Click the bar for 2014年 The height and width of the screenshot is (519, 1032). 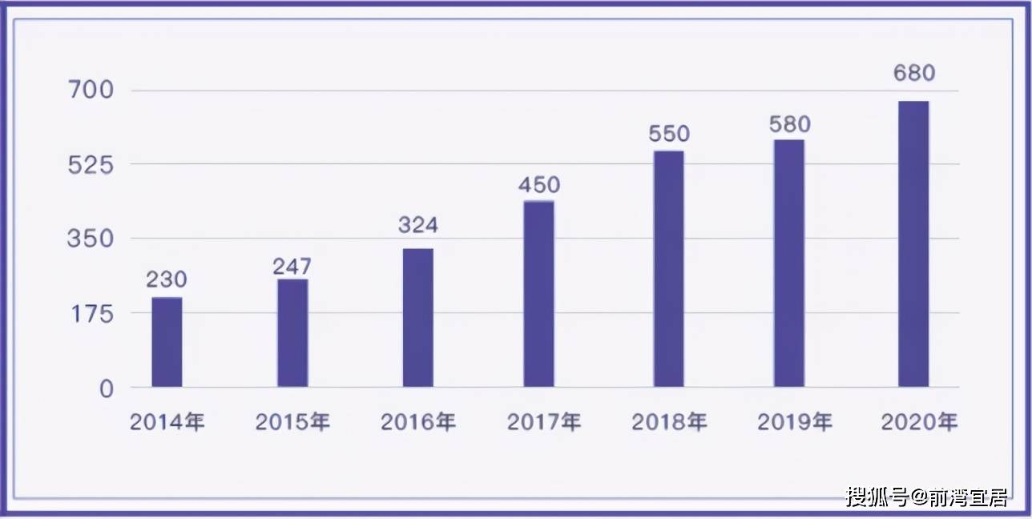click(167, 342)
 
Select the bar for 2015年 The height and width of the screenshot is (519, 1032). click(292, 333)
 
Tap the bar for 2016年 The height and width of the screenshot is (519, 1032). click(418, 318)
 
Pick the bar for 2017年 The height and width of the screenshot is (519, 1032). click(538, 294)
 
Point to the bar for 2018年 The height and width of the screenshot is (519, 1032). click(668, 269)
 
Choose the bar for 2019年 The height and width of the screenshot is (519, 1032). click(789, 264)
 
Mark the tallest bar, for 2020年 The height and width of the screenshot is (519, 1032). click(913, 244)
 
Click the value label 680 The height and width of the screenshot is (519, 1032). click(914, 73)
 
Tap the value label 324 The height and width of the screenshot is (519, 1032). click(418, 225)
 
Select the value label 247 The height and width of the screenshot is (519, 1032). click(292, 266)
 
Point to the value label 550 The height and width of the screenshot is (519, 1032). click(669, 134)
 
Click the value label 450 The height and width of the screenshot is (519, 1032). click(539, 185)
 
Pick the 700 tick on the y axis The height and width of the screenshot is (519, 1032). click(91, 90)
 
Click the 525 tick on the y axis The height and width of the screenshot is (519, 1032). click(91, 165)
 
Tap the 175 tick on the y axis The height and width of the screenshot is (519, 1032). click(92, 314)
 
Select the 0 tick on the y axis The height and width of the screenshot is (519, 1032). click(107, 389)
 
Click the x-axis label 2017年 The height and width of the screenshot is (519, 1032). click(544, 422)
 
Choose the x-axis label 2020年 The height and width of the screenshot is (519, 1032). click(919, 422)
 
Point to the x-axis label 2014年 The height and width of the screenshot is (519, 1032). click(167, 422)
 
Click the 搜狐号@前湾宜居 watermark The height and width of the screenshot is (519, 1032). click(927, 497)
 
